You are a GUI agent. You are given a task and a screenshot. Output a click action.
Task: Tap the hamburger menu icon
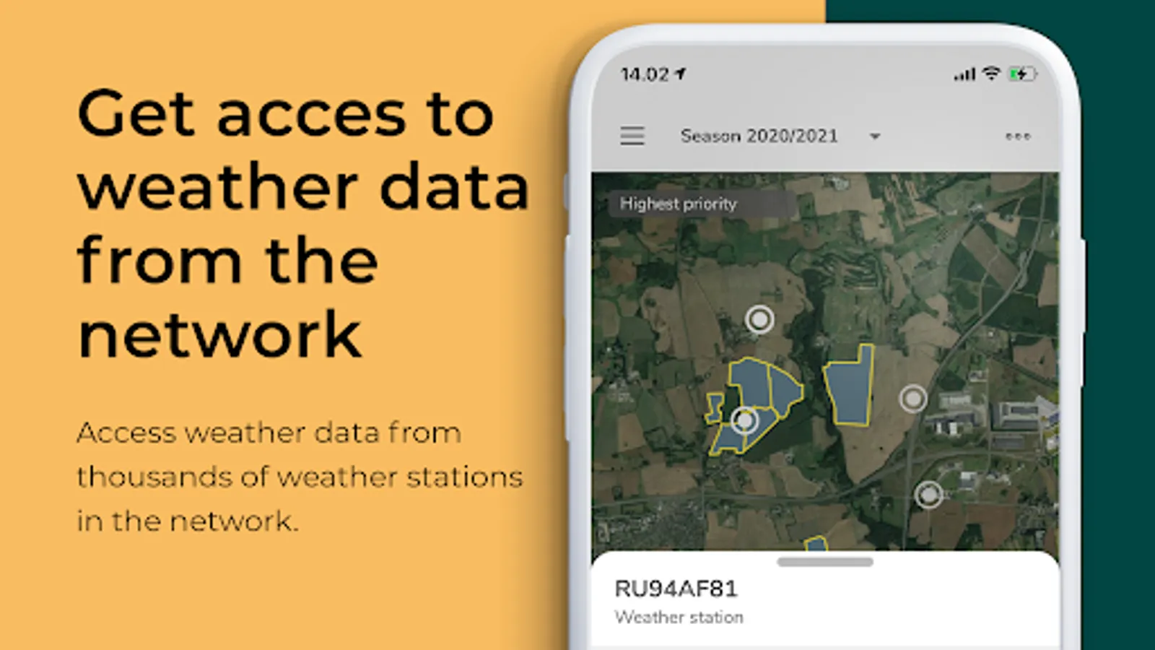pos(632,136)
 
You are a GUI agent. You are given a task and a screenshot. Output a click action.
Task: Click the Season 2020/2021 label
pos(759,136)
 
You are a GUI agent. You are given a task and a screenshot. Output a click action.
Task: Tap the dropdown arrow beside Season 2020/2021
pos(875,136)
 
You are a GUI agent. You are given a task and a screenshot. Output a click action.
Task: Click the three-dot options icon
pos(1018,136)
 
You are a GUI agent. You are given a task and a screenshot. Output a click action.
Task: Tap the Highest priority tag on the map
pos(678,204)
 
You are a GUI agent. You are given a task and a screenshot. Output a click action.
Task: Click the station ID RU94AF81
pos(676,589)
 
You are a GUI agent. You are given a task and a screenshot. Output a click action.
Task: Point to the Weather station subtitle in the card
pos(679,617)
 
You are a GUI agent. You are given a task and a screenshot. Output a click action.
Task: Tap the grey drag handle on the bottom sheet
pos(825,562)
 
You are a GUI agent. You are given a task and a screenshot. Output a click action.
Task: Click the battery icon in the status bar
pos(1023,74)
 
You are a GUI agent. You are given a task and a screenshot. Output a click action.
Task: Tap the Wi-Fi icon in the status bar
pos(991,73)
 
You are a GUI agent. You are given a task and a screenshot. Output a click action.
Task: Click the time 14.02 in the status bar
pos(645,75)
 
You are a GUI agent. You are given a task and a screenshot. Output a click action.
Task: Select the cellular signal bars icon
pos(964,74)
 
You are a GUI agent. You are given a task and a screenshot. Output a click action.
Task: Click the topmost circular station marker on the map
pos(759,319)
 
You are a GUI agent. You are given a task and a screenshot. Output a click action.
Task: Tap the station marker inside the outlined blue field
pos(744,421)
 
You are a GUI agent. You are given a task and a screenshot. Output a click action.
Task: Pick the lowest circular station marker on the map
pos(928,495)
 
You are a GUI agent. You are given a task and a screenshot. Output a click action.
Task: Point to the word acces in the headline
pos(312,117)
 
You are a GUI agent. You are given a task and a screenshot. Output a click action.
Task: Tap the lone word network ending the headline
pos(219,334)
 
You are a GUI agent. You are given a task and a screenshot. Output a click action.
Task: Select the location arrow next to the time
pos(681,74)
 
